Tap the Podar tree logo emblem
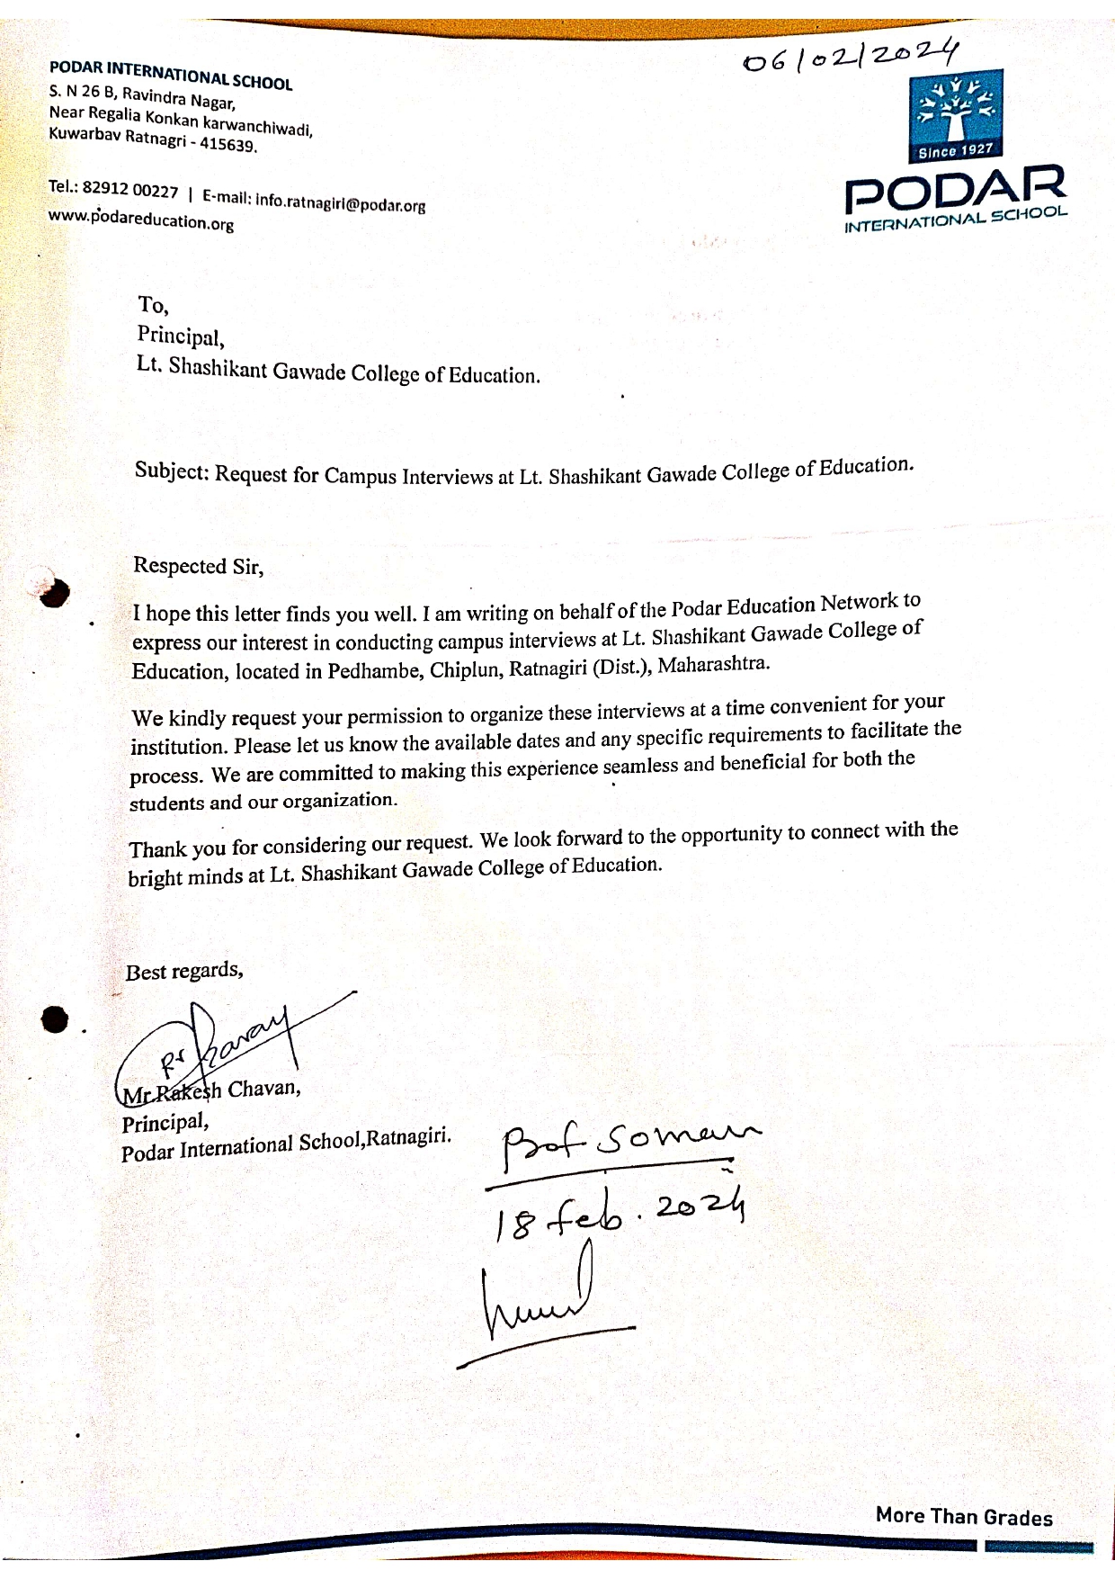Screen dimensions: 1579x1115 tap(955, 108)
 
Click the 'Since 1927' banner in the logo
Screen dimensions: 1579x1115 tap(954, 150)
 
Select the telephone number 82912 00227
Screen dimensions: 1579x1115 tap(130, 189)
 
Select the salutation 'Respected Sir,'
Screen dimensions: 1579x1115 tap(198, 566)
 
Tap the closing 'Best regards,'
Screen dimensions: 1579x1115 tap(184, 972)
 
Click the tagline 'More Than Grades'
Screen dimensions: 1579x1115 tap(964, 1517)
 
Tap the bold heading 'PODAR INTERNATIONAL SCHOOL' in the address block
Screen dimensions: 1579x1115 tap(171, 75)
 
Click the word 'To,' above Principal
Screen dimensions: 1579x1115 tap(153, 305)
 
